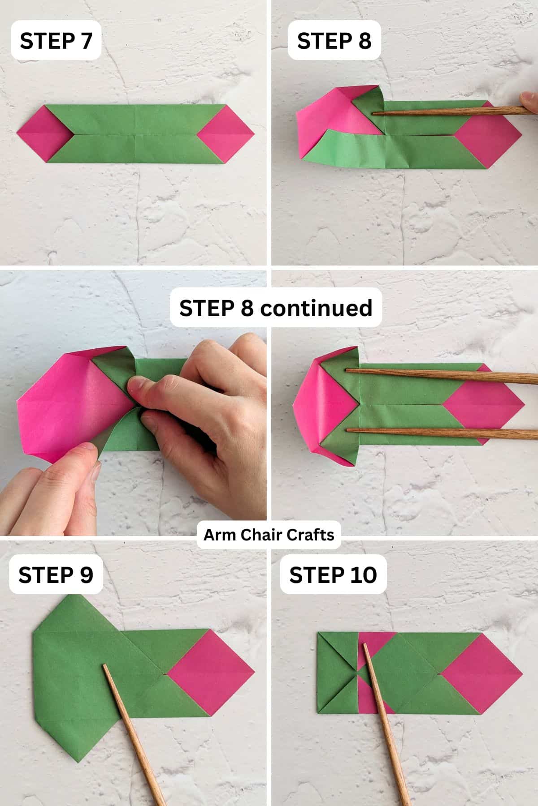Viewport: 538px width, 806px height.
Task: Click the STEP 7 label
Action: (56, 41)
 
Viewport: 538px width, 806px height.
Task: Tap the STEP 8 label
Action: (334, 41)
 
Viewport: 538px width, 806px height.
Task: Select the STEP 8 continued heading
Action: (276, 308)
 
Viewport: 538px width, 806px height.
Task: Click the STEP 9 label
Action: (56, 574)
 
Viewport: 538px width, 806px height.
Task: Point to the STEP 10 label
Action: (333, 574)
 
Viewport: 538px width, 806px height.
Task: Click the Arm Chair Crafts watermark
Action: (269, 535)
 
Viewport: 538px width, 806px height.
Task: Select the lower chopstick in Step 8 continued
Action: (439, 433)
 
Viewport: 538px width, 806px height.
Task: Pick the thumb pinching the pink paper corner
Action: (85, 457)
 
